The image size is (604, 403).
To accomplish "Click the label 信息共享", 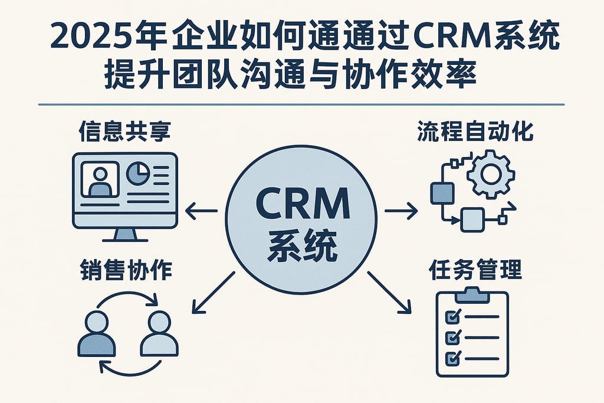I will point(124,132).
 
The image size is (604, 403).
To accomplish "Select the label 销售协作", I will point(124,270).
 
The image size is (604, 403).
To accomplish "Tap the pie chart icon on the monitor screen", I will point(138,172).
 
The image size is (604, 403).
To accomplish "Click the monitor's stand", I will point(124,234).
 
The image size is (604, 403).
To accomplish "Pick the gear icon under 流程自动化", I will point(491,173).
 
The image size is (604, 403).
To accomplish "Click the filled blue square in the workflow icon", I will point(442,192).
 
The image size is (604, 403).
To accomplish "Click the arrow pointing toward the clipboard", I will point(389,291).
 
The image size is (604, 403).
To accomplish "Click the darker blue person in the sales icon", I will point(96,335).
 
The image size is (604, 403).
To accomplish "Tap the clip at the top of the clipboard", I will point(472,293).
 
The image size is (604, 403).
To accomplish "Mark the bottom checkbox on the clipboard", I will point(452,358).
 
